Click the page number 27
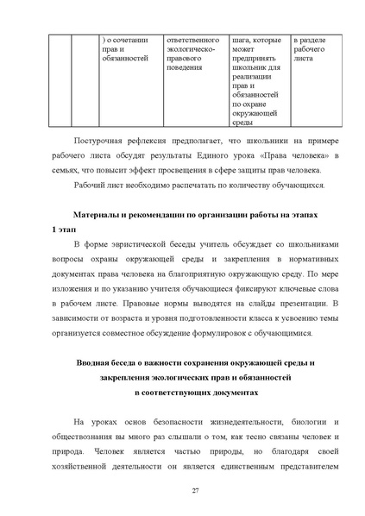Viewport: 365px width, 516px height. click(183, 491)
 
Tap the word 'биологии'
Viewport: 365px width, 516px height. click(302, 420)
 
